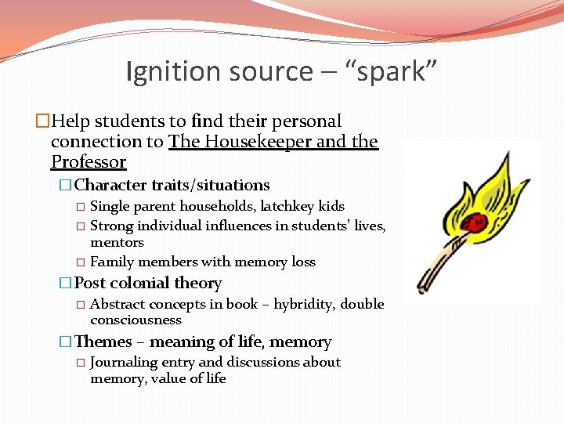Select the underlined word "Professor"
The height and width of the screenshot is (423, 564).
click(89, 162)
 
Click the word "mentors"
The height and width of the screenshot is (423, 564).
click(117, 243)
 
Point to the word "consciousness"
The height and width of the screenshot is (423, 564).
click(136, 320)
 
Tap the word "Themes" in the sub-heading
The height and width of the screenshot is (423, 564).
click(103, 342)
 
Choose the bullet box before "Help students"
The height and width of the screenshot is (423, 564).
click(42, 121)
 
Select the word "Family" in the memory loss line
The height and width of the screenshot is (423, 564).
click(112, 262)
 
